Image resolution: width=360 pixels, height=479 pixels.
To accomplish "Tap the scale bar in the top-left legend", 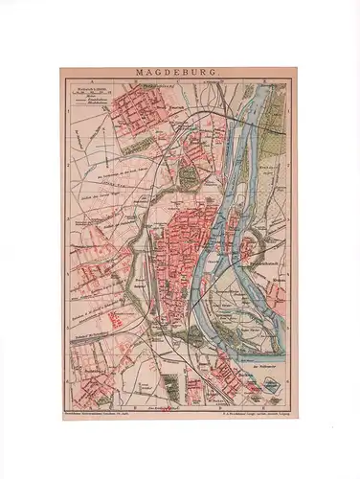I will (86, 92).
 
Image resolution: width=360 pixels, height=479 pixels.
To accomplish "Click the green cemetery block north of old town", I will (189, 175).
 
